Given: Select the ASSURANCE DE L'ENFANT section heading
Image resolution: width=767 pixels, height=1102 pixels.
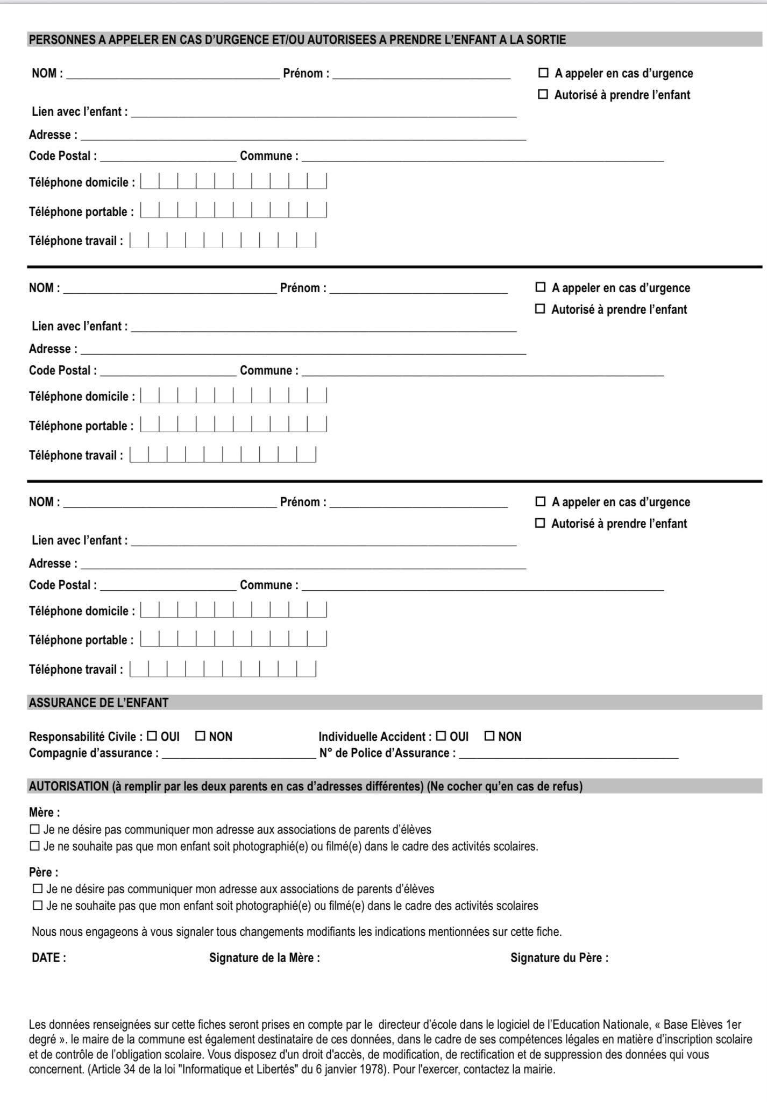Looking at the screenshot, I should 98,703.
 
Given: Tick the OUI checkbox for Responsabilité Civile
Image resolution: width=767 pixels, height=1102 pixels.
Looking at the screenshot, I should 152,736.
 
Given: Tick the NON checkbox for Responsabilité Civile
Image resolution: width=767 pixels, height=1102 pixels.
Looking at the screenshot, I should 200,736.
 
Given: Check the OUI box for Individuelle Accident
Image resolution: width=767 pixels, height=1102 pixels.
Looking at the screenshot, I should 441,736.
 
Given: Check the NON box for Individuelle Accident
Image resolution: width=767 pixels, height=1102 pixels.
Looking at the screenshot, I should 489,736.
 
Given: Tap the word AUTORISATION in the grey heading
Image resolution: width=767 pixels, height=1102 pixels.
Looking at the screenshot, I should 69,786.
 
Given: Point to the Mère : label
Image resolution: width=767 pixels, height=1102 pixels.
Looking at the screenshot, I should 44,813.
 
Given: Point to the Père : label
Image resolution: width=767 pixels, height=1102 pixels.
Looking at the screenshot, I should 44,872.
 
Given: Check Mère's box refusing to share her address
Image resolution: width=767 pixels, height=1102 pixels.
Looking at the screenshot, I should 35,829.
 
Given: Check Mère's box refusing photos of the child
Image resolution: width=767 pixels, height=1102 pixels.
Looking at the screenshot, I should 35,846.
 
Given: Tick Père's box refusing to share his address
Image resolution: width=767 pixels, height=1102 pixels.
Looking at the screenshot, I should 38,889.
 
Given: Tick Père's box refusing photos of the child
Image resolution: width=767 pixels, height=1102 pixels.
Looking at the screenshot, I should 38,905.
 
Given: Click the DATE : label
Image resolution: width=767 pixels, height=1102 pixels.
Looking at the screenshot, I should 49,958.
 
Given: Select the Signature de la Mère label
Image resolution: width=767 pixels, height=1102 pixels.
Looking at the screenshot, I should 264,958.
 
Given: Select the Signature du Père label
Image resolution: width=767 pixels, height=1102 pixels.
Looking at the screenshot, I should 559,958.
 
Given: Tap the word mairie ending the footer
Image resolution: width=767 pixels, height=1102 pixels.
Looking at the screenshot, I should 540,1069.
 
